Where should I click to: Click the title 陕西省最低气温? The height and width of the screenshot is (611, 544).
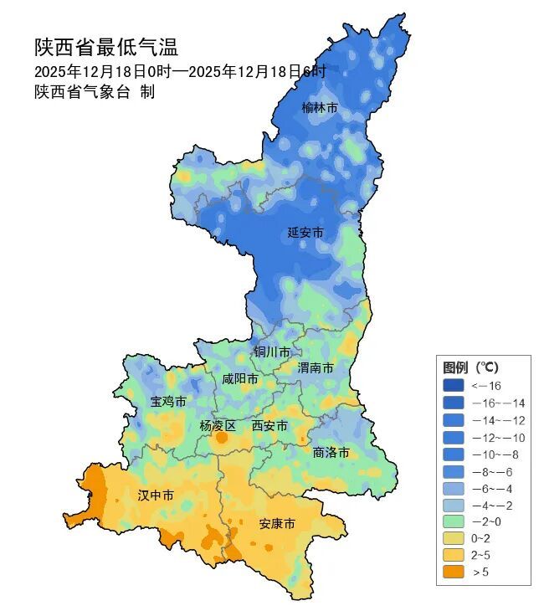point(106,47)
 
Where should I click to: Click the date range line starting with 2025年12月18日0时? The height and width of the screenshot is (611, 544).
point(180,71)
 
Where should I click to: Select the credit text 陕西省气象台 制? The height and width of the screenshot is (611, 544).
point(95,92)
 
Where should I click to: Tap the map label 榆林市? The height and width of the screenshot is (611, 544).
point(320,108)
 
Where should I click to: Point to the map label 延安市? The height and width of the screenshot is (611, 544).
point(305,233)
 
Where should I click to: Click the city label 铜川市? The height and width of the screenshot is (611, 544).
point(272,352)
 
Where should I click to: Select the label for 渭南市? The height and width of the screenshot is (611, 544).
point(316,368)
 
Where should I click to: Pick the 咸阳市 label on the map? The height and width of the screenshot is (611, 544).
point(240,379)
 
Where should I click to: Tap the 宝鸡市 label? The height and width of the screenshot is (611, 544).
point(168,402)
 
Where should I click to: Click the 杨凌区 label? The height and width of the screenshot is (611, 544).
point(218,426)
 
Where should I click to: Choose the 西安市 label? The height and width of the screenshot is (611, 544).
point(269,426)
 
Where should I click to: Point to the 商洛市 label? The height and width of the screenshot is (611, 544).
point(331,453)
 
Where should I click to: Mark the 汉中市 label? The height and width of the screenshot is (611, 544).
point(156,496)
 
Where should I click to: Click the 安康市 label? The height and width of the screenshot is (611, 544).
point(276,524)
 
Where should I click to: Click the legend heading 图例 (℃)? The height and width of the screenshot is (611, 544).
point(470,367)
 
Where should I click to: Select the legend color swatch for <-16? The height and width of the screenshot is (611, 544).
point(455,386)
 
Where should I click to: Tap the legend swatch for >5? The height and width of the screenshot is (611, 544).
point(455,572)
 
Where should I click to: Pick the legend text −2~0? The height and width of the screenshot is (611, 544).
point(487,521)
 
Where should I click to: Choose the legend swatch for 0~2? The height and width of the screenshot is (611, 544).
point(455,538)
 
